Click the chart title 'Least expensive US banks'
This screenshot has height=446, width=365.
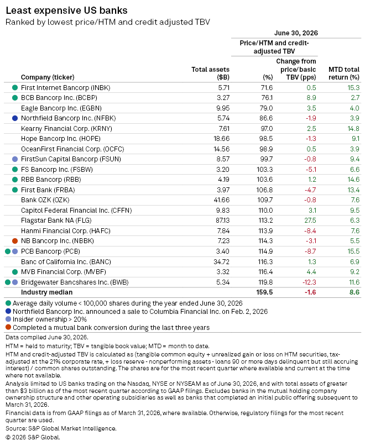click(66, 11)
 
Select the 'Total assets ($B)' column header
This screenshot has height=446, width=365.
click(210, 74)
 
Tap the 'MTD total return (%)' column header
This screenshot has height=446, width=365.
click(344, 74)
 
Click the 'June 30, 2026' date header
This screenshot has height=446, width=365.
click(296, 33)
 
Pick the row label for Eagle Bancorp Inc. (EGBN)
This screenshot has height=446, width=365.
click(61, 108)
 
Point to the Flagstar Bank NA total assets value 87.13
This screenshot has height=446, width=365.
click(222, 221)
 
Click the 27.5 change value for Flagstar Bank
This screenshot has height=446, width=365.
click(310, 221)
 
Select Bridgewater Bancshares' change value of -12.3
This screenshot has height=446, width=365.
click(309, 282)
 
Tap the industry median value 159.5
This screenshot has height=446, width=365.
click(264, 292)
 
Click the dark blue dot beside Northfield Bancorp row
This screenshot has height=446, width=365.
click(15, 118)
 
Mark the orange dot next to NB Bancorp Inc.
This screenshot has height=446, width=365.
click(15, 241)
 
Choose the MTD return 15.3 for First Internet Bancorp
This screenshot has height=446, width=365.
click(353, 88)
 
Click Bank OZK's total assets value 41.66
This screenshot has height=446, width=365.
click(222, 200)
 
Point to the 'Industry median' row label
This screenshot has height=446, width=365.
click(46, 292)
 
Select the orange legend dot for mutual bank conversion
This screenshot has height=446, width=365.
click(8, 327)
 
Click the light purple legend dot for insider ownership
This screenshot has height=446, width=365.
click(8, 319)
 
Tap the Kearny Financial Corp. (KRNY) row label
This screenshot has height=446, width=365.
click(66, 129)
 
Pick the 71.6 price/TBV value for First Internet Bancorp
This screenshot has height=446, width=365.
click(267, 88)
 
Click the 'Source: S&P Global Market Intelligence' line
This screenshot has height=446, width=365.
click(61, 428)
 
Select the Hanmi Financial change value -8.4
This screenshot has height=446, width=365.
click(310, 230)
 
